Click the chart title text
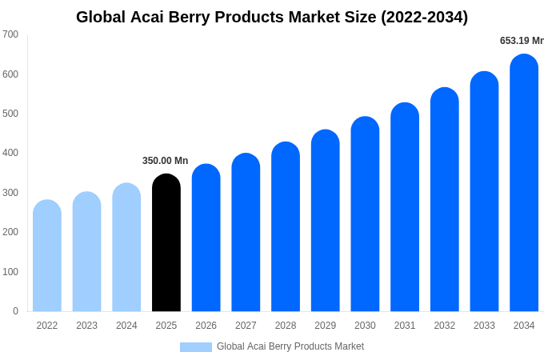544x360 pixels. pyautogui.click(x=272, y=17)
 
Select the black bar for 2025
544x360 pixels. pyautogui.click(x=166, y=244)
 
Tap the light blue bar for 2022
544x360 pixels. pyautogui.click(x=47, y=256)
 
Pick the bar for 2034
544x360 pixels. pyautogui.click(x=524, y=184)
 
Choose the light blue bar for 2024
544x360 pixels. pyautogui.click(x=126, y=248)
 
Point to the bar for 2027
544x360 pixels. pyautogui.click(x=246, y=233)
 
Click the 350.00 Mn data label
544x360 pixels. pyautogui.click(x=165, y=161)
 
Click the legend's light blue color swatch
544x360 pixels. pyautogui.click(x=195, y=347)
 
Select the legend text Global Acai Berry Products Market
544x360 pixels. pyautogui.click(x=290, y=346)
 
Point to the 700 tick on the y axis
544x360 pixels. pyautogui.click(x=10, y=34)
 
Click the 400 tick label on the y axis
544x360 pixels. pyautogui.click(x=10, y=153)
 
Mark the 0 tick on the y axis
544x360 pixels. pyautogui.click(x=15, y=311)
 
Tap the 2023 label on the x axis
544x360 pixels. pyautogui.click(x=86, y=326)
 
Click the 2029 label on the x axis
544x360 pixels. pyautogui.click(x=325, y=326)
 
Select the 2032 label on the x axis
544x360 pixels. pyautogui.click(x=444, y=326)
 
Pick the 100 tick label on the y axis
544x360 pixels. pyautogui.click(x=10, y=272)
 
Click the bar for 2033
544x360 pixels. pyautogui.click(x=484, y=192)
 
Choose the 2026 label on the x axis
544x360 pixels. pyautogui.click(x=206, y=326)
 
